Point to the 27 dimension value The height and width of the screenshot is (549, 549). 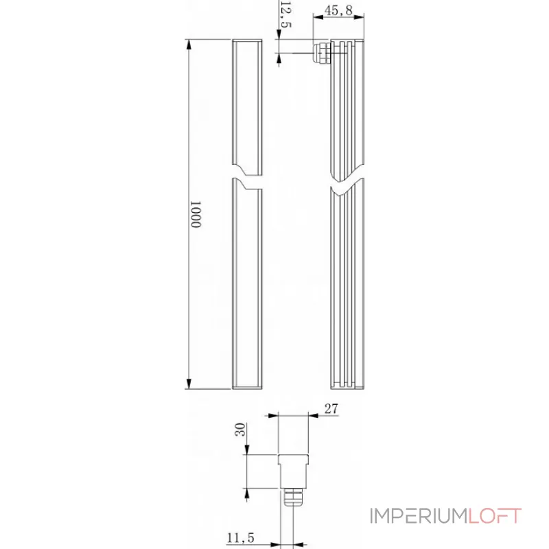(331, 408)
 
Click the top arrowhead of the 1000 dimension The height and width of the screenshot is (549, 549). (189, 43)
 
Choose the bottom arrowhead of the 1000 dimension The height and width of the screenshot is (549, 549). (189, 386)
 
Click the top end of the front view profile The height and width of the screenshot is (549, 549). (247, 42)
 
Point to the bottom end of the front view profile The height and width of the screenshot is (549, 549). (247, 387)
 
